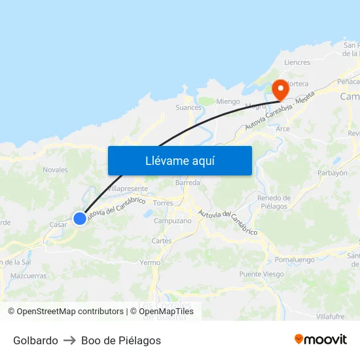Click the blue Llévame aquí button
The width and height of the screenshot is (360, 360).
tap(179, 160)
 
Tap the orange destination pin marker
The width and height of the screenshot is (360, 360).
tap(281, 90)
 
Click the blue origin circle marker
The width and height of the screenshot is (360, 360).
tap(80, 219)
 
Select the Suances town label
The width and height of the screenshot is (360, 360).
tap(189, 107)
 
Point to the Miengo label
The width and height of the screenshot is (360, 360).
tap(228, 101)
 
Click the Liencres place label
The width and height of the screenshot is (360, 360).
tap(297, 62)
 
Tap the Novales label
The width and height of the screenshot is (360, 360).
tap(55, 170)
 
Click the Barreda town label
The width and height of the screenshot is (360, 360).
tap(188, 183)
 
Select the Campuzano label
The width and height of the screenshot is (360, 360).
tap(173, 221)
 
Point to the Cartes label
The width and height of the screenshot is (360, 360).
tap(161, 241)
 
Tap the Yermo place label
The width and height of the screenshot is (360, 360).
tap(150, 262)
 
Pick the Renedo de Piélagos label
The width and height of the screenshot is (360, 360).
tap(274, 202)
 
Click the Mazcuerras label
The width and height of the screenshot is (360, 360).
tap(29, 276)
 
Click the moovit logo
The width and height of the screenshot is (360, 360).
tap(321, 340)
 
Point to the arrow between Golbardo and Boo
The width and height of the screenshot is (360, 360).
tap(69, 340)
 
